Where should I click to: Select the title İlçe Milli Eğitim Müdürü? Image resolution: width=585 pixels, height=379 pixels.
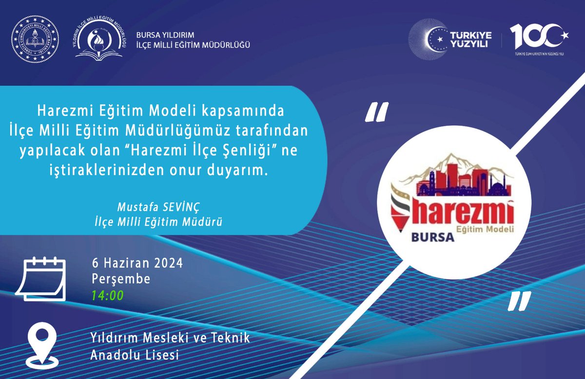coord(158,221)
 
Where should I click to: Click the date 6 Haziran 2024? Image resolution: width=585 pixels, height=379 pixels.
coord(137,264)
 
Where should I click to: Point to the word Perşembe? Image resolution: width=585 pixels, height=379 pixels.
coord(121,279)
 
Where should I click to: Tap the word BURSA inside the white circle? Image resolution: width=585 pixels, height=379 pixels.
coord(432,237)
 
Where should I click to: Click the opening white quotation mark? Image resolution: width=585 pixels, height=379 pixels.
coord(377,113)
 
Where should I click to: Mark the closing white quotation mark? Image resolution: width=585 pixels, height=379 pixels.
coord(518,302)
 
